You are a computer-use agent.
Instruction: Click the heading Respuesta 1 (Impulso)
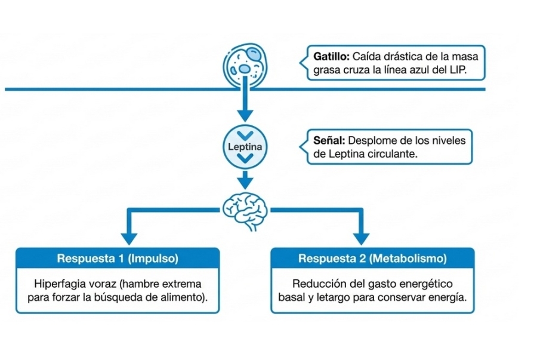click(118, 259)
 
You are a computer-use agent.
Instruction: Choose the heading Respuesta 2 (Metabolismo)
click(372, 259)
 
